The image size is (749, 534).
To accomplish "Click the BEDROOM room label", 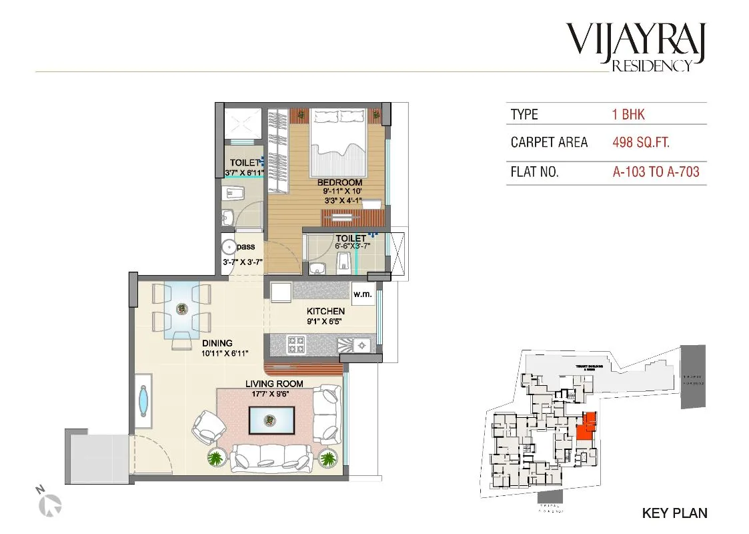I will point(339,182).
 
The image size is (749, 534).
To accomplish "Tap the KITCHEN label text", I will point(325,311).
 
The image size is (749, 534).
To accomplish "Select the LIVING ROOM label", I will point(274,384).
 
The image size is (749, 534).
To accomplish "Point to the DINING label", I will point(218,344).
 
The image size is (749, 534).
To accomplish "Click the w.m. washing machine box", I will point(362,294).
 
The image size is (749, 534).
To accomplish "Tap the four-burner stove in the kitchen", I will point(295,344).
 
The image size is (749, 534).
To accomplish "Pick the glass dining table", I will point(181,309).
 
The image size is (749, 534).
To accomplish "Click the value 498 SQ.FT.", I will point(641,142).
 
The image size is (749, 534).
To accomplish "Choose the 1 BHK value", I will point(628,114).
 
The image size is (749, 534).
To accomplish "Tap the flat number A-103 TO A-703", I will point(656,172).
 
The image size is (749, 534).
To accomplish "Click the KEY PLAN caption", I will point(674,513).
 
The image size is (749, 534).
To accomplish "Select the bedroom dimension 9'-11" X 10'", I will point(339,191).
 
